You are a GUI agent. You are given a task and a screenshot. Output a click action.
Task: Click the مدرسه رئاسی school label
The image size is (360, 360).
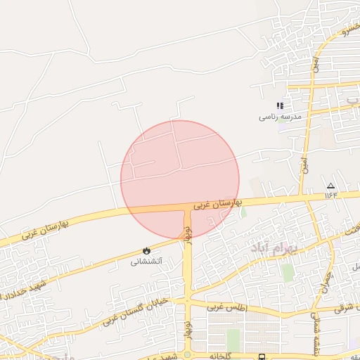tap(280, 117)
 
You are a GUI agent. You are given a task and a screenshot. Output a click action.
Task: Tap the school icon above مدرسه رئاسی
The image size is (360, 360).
tap(280, 105)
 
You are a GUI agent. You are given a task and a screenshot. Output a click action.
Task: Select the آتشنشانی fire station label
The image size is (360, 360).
tap(146, 261)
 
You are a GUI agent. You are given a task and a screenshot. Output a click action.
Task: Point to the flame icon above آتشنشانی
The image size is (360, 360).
tap(146, 250)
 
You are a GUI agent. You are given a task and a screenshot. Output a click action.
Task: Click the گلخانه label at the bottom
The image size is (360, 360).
tap(219, 356)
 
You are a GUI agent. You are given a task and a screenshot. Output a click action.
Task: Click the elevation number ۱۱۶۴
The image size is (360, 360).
tap(331, 195)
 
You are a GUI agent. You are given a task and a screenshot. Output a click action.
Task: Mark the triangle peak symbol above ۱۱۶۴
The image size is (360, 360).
tap(331, 185)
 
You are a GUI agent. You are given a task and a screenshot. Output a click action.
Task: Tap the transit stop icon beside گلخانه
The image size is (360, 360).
tap(262, 356)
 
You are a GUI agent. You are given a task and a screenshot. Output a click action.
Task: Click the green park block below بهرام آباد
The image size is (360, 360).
tap(288, 272)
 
